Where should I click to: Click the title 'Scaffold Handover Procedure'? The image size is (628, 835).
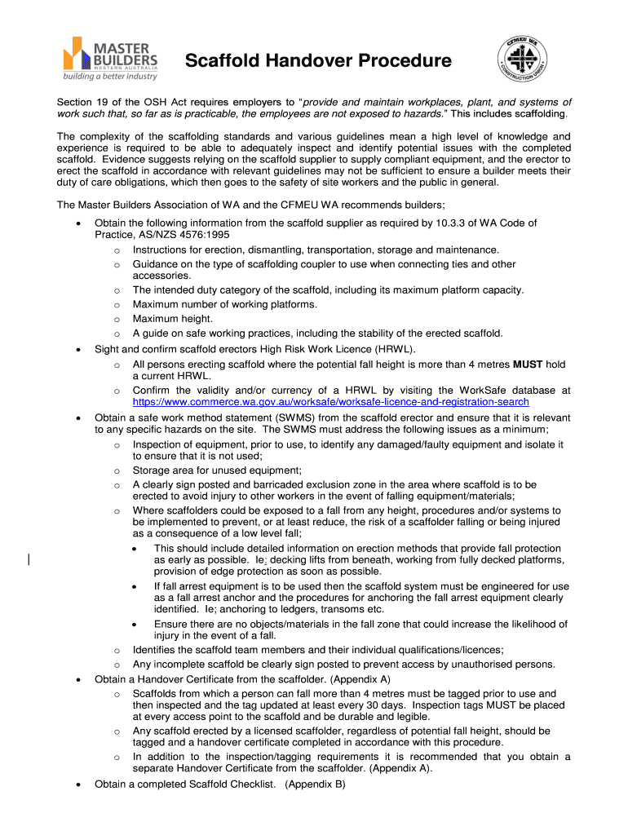point(317,61)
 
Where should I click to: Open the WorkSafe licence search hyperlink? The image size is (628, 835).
point(330,402)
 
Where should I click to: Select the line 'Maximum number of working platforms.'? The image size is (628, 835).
point(224,305)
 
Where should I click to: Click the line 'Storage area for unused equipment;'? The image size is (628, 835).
point(217,471)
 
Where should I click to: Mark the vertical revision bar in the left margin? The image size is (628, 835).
point(29,559)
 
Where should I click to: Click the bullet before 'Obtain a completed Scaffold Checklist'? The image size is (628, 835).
point(77,785)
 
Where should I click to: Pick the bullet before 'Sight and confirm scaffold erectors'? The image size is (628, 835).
point(77,350)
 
